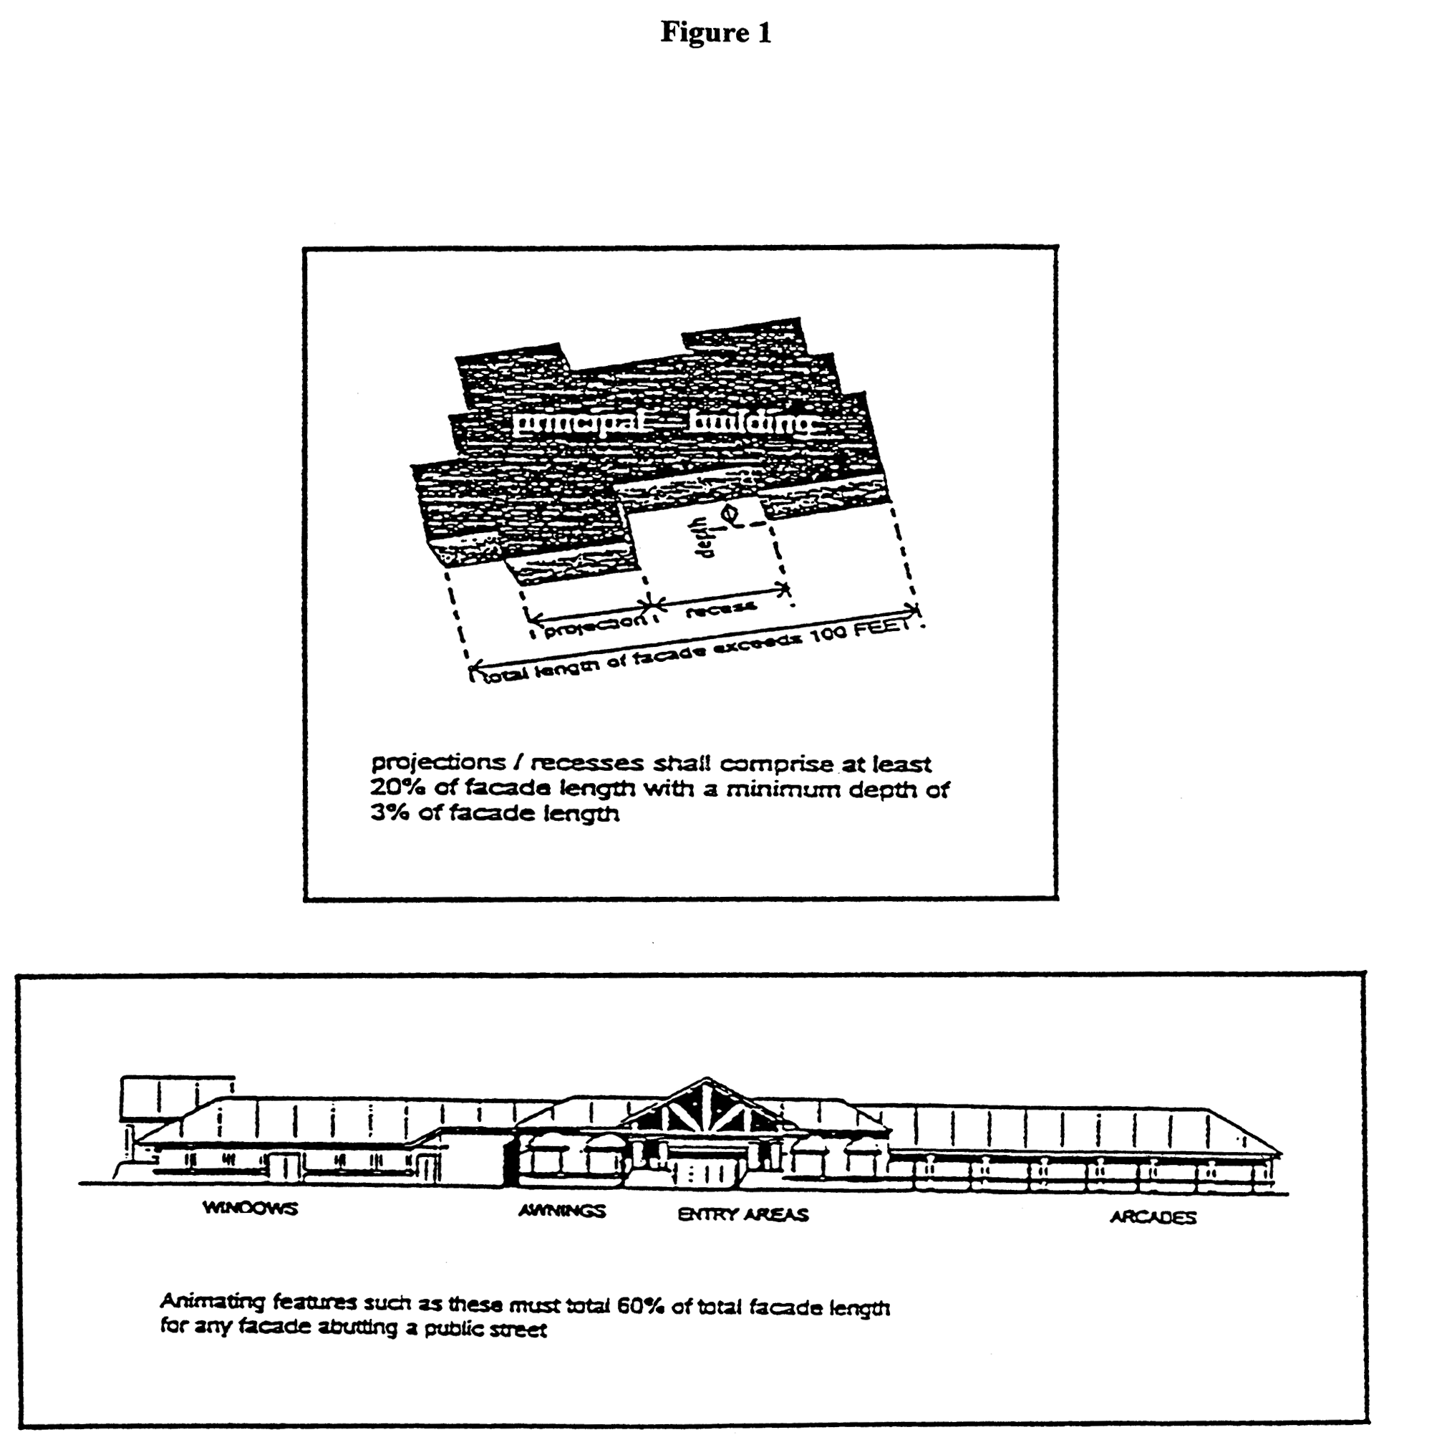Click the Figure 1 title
[x=715, y=32]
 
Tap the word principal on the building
[x=577, y=423]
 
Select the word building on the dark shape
[x=750, y=423]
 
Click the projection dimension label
[x=594, y=627]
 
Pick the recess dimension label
[x=720, y=609]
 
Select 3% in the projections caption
[x=387, y=813]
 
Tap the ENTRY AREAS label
[x=743, y=1214]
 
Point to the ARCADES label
[x=1153, y=1217]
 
